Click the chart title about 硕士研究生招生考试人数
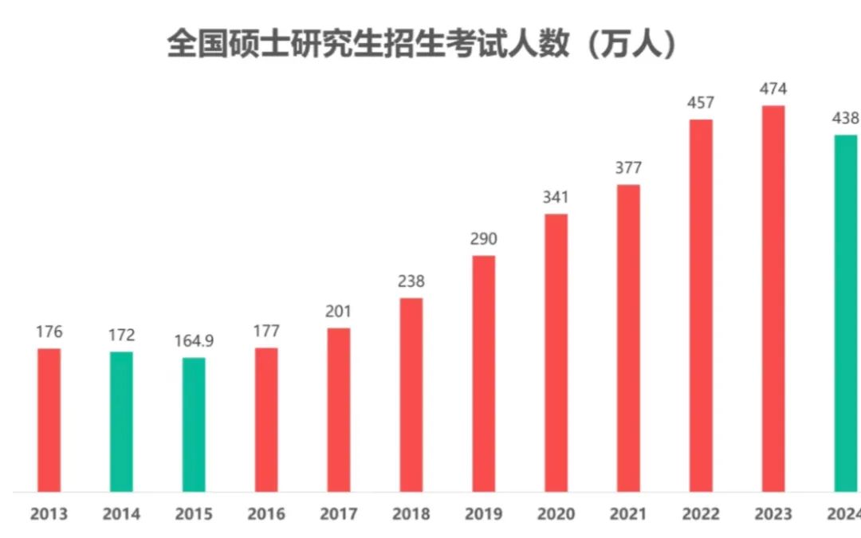[x=422, y=44]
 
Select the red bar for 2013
[x=49, y=419]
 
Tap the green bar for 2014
[x=121, y=421]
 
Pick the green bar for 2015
[x=194, y=424]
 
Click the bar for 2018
[x=411, y=395]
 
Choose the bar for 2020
[x=556, y=352]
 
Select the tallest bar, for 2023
[x=773, y=298]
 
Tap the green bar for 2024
[x=846, y=312]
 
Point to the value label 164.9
[x=194, y=341]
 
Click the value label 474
[x=773, y=88]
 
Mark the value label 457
[x=701, y=103]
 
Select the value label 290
[x=484, y=239]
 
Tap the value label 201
[x=339, y=312]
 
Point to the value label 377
[x=628, y=168]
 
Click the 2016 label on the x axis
[x=266, y=514]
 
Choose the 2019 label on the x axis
[x=484, y=514]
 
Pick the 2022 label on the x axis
[x=701, y=514]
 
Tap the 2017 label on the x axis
[x=339, y=514]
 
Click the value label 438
[x=845, y=119]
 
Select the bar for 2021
[x=628, y=338]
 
